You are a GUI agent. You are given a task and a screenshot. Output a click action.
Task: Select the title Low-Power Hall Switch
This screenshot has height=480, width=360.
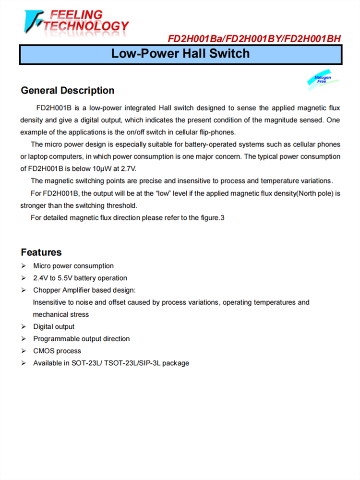click(x=180, y=53)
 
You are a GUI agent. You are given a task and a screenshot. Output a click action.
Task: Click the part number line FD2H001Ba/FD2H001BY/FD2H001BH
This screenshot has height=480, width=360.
click(x=254, y=38)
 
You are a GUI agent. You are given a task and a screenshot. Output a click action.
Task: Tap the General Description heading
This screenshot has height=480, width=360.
click(x=68, y=91)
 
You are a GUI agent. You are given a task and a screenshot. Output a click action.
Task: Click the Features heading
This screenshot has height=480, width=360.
click(x=41, y=252)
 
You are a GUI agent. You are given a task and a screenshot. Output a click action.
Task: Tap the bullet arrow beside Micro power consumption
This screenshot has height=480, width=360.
click(x=24, y=266)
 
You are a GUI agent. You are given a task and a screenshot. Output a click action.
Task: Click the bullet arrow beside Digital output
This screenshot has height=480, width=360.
click(x=24, y=327)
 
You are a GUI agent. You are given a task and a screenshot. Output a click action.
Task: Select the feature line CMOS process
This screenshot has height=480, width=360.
click(x=57, y=351)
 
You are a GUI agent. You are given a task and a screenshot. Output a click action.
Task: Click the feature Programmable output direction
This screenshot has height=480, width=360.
click(x=81, y=339)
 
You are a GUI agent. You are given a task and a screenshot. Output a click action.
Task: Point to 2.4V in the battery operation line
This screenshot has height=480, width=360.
click(x=40, y=278)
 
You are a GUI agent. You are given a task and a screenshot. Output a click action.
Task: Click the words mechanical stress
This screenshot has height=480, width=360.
click(x=60, y=314)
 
